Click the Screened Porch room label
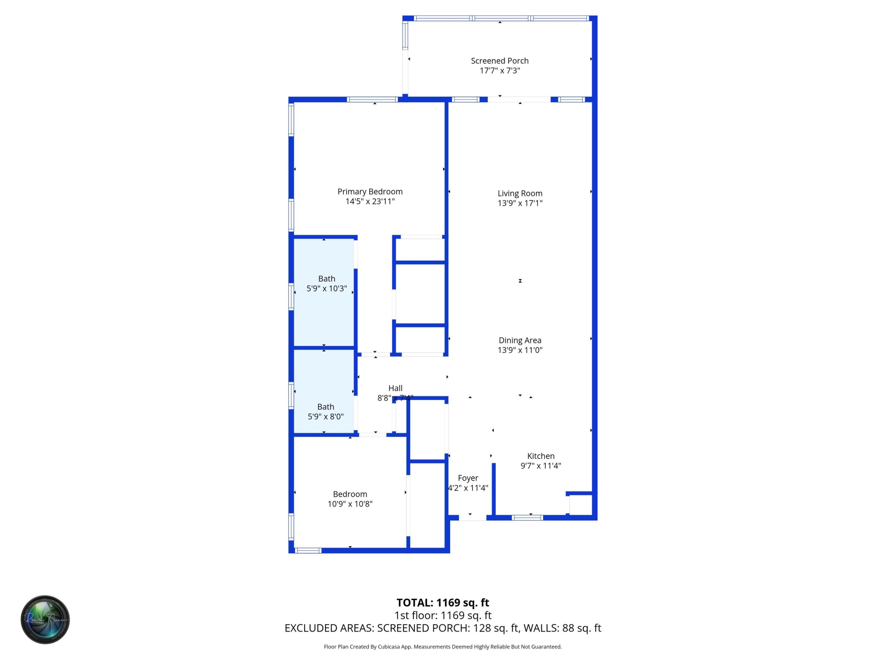pos(500,61)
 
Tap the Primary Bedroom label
pos(370,191)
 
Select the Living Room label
pos(520,194)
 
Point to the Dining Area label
pos(520,340)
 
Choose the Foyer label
pos(468,478)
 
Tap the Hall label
pos(395,388)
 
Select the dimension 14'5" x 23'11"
pos(370,202)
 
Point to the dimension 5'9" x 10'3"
pos(326,288)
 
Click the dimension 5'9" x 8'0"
pos(325,417)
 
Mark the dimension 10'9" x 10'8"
pos(350,504)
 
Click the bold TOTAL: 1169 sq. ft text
pos(443,603)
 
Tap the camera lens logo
pos(45,619)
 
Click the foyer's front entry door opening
pos(472,518)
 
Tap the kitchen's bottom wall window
pos(527,518)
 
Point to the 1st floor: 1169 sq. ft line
pos(443,615)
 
